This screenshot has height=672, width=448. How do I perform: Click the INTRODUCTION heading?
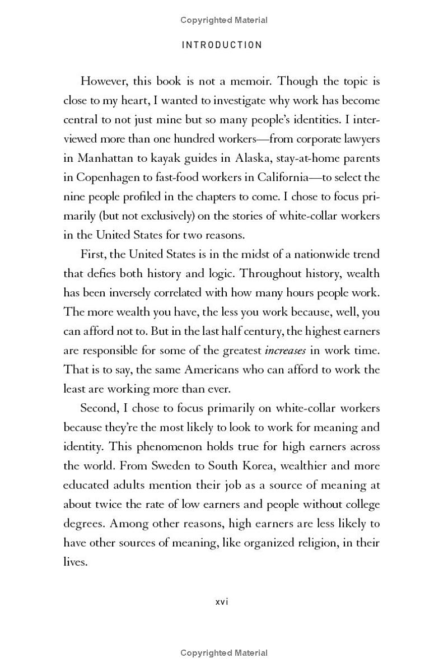click(222, 45)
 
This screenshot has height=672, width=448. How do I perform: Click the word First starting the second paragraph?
click(92, 254)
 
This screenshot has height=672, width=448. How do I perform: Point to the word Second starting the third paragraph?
click(99, 408)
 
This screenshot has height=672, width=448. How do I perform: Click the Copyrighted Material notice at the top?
click(223, 20)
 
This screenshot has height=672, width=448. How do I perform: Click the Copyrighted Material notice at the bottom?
click(223, 653)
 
